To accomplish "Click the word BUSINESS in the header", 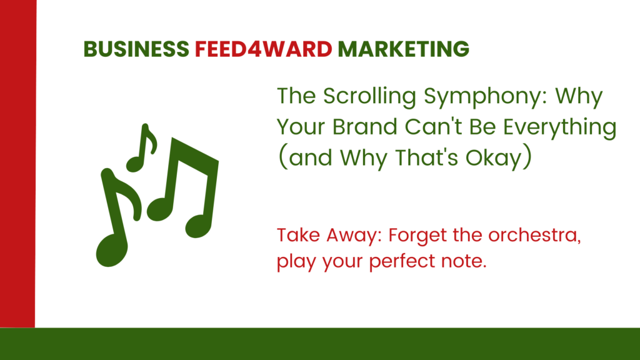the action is pyautogui.click(x=136, y=49).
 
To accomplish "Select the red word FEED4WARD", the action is pyautogui.click(x=263, y=49).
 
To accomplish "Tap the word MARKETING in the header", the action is pyautogui.click(x=403, y=49).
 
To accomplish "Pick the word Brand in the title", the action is pyautogui.click(x=364, y=126).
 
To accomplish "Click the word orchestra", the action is pyautogui.click(x=535, y=236).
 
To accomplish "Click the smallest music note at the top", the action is pyautogui.click(x=142, y=147).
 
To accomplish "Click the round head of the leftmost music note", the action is pyautogui.click(x=111, y=251).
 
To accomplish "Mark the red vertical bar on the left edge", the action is pyautogui.click(x=18, y=164).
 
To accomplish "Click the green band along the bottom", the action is pyautogui.click(x=320, y=344).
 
